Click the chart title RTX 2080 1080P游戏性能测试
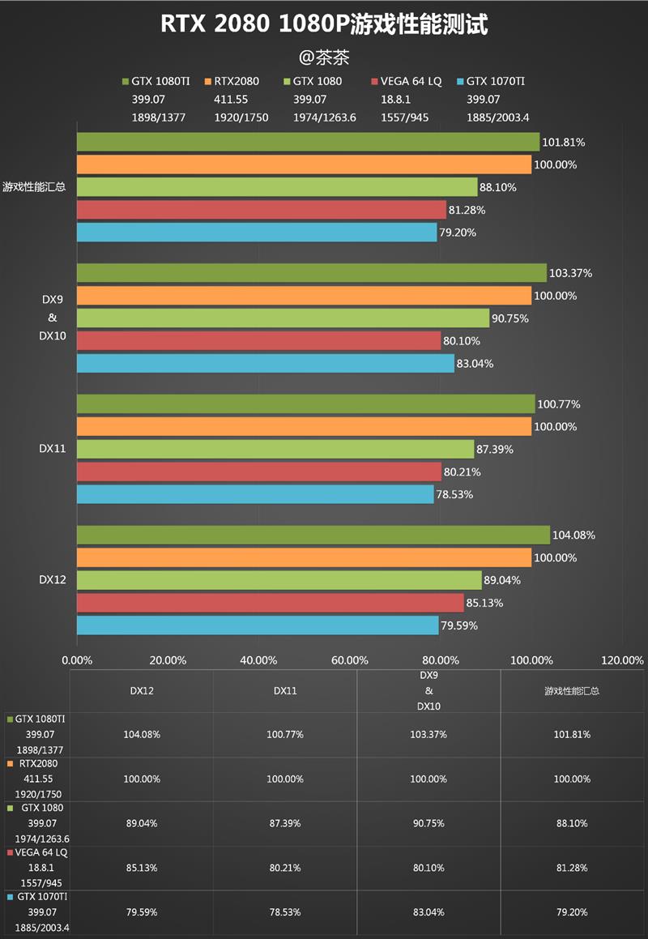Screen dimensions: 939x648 click(x=324, y=25)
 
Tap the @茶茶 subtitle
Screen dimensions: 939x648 click(x=324, y=58)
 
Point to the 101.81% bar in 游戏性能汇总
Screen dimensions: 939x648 click(x=308, y=142)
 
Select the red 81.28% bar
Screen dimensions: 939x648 click(x=262, y=210)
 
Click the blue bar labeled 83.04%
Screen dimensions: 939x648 click(x=265, y=363)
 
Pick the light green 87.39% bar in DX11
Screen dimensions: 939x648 click(x=275, y=449)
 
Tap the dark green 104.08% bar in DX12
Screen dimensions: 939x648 click(x=313, y=535)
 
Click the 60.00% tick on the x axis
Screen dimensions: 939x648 click(x=351, y=660)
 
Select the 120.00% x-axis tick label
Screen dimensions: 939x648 click(x=623, y=660)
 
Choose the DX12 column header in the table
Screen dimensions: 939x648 click(x=142, y=691)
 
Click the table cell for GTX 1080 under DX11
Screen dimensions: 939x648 click(x=285, y=823)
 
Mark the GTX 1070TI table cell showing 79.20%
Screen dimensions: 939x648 click(x=572, y=912)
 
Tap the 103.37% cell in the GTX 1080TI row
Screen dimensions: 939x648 click(x=428, y=735)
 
